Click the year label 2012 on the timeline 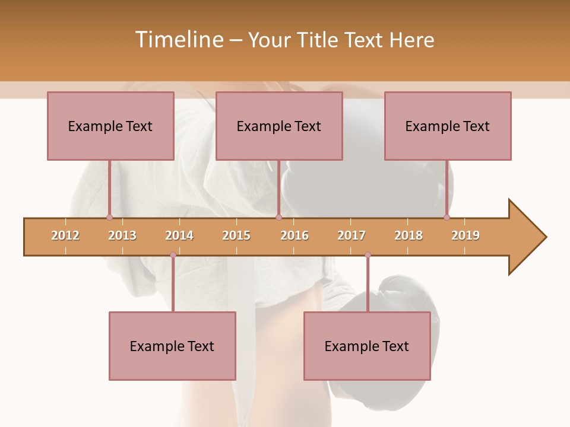pos(65,235)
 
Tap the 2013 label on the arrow pos(122,235)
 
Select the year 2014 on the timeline pos(179,235)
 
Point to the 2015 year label pos(236,235)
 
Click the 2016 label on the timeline pos(294,235)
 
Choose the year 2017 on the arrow pos(351,235)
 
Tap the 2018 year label pos(408,235)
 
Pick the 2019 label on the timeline pos(465,235)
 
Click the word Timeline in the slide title pos(178,40)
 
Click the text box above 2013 pos(110,126)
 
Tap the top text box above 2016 pos(279,126)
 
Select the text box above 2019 pos(448,126)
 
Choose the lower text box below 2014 pos(172,346)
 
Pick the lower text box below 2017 pos(367,346)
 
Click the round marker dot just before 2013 pos(109,218)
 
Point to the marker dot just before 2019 pos(447,218)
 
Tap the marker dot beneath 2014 pos(173,255)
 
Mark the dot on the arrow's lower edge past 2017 pos(368,255)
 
